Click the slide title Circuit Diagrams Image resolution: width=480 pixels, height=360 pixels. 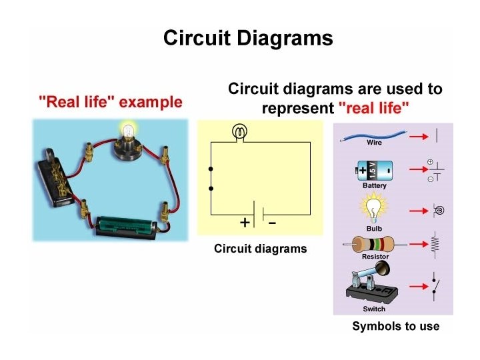(248, 38)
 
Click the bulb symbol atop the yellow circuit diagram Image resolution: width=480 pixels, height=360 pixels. (239, 132)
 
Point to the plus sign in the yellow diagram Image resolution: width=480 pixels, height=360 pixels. (245, 223)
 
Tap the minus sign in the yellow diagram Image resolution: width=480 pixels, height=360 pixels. (272, 223)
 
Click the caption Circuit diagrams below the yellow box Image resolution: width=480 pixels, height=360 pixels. (261, 249)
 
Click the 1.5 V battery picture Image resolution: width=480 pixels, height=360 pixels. (374, 171)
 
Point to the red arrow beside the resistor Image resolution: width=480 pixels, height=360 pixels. (417, 245)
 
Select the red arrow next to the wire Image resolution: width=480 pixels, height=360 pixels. (417, 135)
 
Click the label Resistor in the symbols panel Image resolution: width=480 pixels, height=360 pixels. (375, 257)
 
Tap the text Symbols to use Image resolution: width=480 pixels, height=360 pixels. (396, 326)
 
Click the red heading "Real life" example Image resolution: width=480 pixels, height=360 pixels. (110, 102)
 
